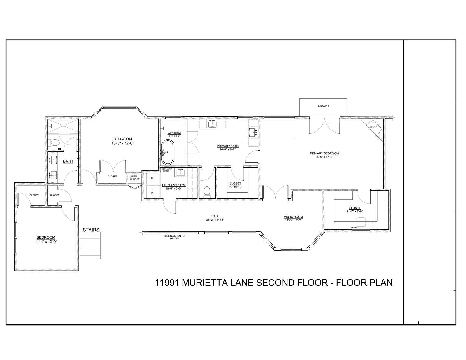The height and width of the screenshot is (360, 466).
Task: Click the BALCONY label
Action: [x=323, y=106]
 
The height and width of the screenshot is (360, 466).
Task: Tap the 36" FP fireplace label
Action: [x=373, y=127]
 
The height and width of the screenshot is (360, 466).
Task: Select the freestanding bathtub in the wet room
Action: [x=167, y=152]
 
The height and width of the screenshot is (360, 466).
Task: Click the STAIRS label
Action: [x=91, y=230]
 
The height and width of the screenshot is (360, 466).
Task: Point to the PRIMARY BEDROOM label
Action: [x=324, y=153]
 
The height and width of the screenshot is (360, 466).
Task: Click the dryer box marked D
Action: [x=152, y=178]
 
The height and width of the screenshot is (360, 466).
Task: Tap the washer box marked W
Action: [x=152, y=193]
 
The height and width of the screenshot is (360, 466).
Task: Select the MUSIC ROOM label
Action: [x=293, y=217]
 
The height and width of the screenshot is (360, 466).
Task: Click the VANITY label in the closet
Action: [x=354, y=227]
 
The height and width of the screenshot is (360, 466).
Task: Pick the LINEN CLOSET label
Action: [x=135, y=178]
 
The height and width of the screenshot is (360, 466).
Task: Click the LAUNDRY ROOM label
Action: [x=174, y=185]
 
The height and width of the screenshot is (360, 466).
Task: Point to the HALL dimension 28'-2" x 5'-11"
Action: [x=215, y=220]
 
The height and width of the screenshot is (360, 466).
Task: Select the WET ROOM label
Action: [x=174, y=133]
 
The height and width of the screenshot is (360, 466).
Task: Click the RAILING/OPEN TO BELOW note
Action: [x=174, y=237]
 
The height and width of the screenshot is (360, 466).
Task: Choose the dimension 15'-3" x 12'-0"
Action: [x=122, y=143]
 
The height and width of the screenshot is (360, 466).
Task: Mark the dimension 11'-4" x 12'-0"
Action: [x=46, y=241]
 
